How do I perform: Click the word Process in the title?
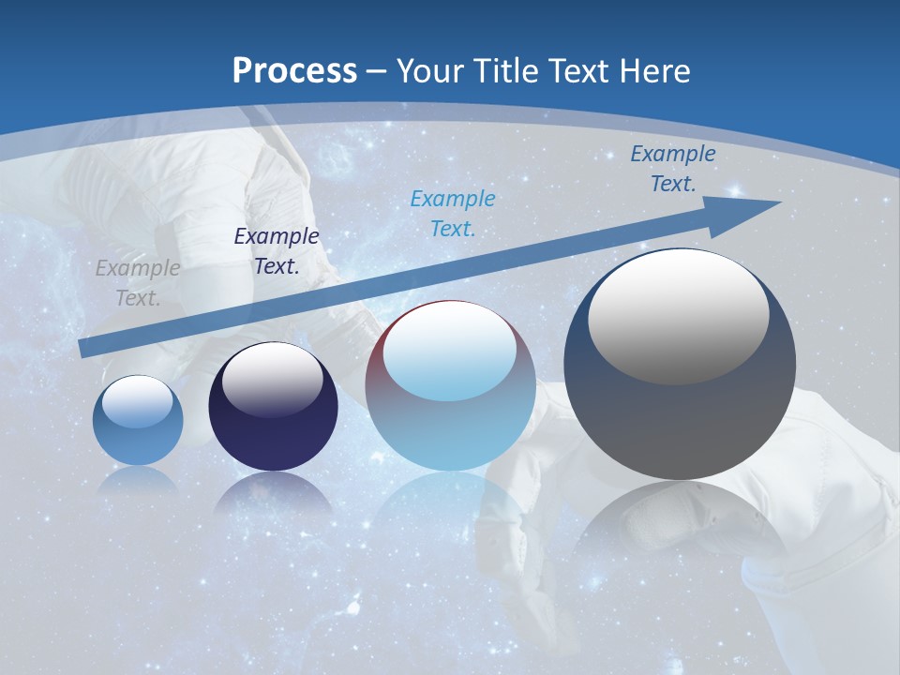pos(294,71)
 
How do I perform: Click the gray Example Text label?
pos(138,283)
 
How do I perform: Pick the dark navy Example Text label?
pos(277,251)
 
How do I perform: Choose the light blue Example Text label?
pos(453,213)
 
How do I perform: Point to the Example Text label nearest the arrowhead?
pos(673,169)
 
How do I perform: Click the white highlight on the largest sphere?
pos(679,316)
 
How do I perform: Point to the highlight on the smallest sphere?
pos(138,402)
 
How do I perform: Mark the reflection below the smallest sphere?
pos(138,481)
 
